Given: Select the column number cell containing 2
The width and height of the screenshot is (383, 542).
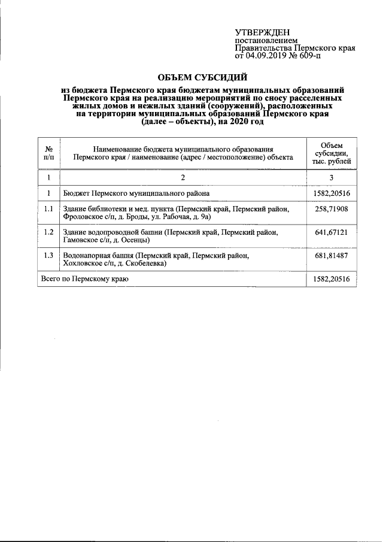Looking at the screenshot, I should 183,178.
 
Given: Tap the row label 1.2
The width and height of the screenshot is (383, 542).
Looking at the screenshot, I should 49,232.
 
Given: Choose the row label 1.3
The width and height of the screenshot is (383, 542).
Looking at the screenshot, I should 49,255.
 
